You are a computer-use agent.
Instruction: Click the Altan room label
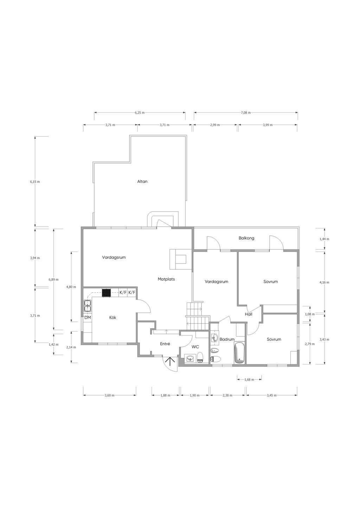142,181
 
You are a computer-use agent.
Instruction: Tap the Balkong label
246,238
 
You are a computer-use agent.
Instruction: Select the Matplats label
166,279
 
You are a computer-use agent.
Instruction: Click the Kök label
112,318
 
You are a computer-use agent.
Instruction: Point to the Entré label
165,344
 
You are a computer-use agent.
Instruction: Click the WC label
195,347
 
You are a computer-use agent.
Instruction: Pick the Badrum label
227,339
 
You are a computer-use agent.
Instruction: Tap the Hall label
249,314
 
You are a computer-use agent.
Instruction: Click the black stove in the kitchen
106,293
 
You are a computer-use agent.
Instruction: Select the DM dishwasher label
88,318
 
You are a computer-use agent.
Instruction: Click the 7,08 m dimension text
246,112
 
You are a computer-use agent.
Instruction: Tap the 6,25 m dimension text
140,112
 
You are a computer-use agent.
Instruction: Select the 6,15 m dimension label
35,182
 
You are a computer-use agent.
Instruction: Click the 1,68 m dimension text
249,379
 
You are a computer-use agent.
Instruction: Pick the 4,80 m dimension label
71,287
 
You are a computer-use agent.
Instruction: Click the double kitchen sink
88,306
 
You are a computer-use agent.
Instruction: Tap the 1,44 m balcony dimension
324,239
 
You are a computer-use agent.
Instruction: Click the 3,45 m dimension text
271,396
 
